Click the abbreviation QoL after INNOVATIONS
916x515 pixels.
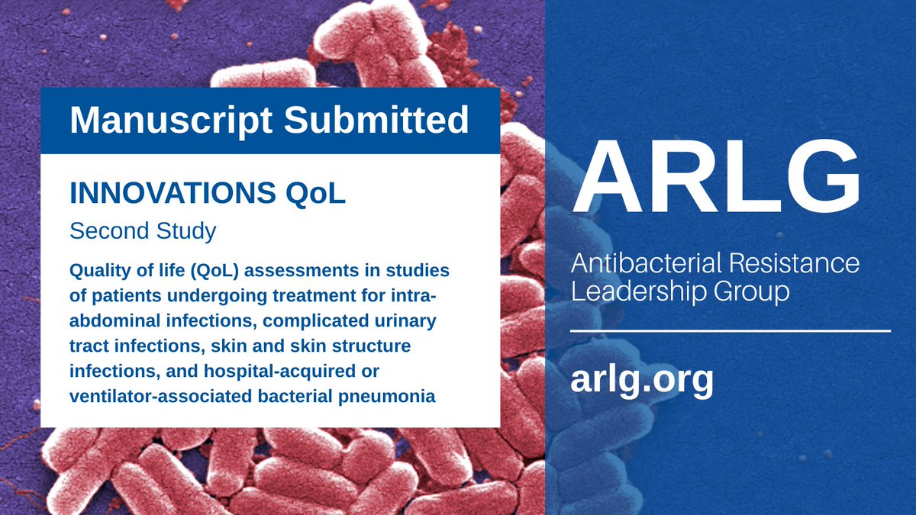315,193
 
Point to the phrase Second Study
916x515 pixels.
143,231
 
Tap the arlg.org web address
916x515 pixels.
641,378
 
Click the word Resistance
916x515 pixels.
805,264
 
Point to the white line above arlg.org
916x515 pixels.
731,331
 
